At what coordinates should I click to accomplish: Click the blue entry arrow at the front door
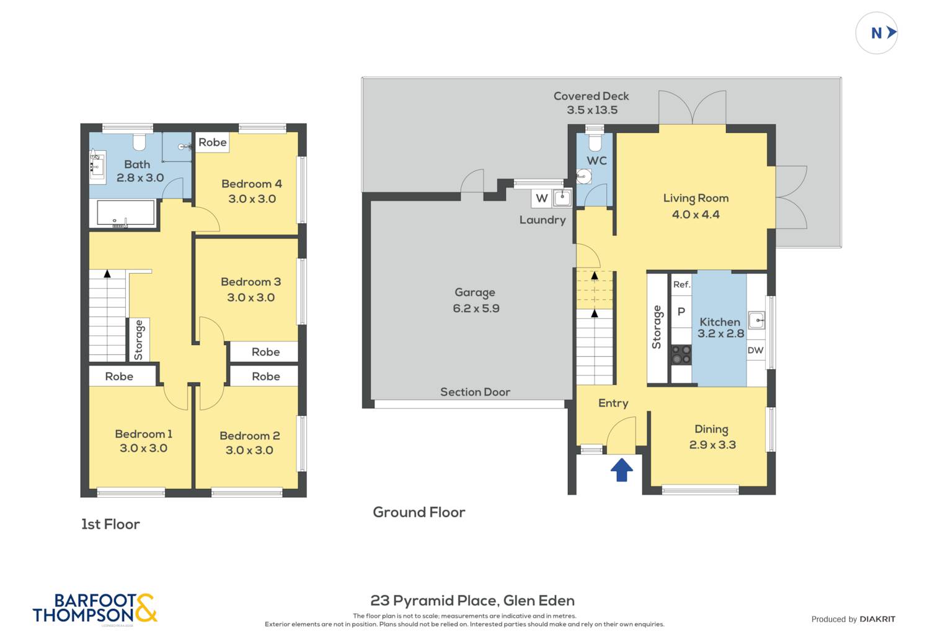point(621,470)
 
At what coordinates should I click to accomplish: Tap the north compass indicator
point(877,33)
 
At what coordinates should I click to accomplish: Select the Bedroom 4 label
point(252,184)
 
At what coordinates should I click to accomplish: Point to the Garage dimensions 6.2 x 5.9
point(476,308)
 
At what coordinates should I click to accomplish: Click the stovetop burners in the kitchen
point(681,354)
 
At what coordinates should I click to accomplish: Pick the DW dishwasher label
point(756,351)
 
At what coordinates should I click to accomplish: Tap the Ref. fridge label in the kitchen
point(682,285)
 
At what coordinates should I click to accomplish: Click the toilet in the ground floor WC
point(595,142)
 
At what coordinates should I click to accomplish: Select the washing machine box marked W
point(541,198)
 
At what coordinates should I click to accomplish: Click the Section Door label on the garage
point(476,392)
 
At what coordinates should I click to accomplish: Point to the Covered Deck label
point(591,96)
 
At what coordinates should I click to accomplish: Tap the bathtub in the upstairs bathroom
point(125,213)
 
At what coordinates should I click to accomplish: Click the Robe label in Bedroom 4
point(213,142)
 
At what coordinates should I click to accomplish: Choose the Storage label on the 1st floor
point(139,340)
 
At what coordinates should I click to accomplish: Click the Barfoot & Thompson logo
point(95,609)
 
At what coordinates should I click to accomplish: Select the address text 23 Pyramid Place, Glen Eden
point(472,601)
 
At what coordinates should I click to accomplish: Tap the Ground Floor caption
point(419,512)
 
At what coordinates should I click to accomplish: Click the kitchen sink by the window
point(756,320)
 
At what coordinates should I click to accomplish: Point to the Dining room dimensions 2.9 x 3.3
point(712,445)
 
